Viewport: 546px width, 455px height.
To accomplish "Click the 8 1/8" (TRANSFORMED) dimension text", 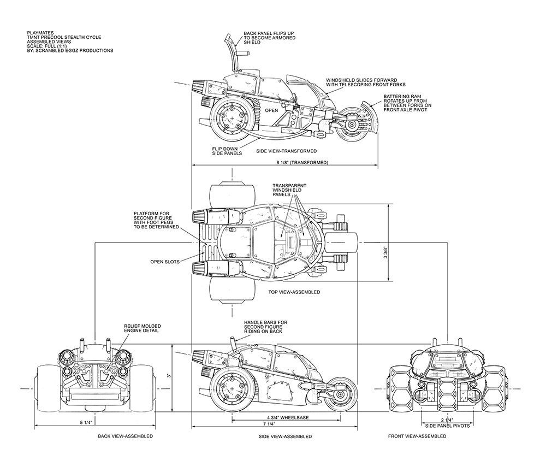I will (302, 163).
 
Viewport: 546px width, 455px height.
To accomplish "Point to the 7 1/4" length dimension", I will (268, 424).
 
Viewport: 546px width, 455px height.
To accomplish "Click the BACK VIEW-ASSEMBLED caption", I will (125, 437).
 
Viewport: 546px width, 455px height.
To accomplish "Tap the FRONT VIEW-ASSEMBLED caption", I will (417, 436).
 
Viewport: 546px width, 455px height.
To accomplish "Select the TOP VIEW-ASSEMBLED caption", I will (294, 292).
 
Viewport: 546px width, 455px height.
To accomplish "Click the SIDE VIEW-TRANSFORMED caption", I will (287, 150).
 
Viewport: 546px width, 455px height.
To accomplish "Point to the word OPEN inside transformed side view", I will (271, 110).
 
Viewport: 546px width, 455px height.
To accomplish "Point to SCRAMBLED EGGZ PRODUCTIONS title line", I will (70, 51).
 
